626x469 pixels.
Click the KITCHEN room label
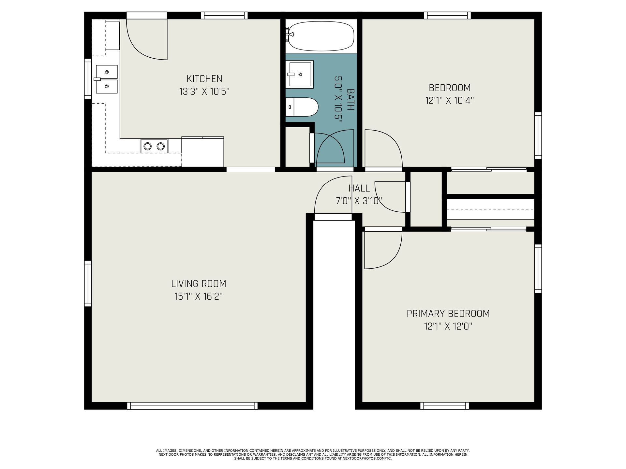click(204, 79)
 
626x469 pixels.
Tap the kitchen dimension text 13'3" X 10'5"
click(204, 92)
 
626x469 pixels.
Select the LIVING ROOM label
click(199, 284)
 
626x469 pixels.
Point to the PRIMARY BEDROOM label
click(448, 314)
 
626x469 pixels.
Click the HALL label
click(359, 188)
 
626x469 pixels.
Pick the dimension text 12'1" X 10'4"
click(449, 100)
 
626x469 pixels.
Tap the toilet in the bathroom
click(302, 107)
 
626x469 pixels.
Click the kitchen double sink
click(106, 79)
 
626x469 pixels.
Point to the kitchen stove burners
click(154, 146)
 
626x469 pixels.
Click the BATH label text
click(350, 99)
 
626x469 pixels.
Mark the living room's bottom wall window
click(192, 406)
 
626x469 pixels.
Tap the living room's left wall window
click(88, 283)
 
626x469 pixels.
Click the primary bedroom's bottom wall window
click(444, 406)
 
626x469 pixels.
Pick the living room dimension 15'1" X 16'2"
click(199, 297)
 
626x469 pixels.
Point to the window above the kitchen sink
click(88, 78)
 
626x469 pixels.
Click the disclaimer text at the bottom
click(313, 454)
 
